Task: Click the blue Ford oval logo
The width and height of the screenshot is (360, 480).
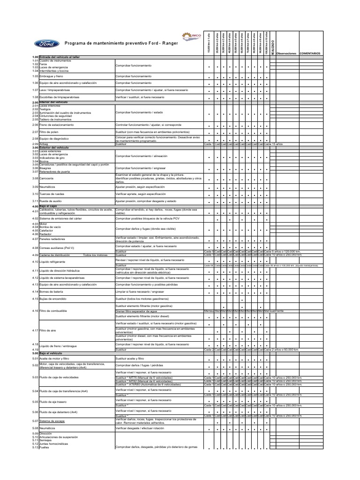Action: pos(46,44)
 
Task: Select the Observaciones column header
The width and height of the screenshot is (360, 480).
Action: pos(286,53)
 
